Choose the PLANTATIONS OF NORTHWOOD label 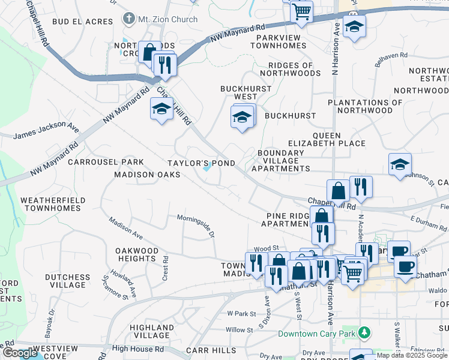[x=365, y=106]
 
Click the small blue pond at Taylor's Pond [x=207, y=168]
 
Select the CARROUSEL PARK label [x=106, y=162]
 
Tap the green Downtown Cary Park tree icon [x=363, y=332]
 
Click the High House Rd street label [x=138, y=349]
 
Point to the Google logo [x=20, y=353]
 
